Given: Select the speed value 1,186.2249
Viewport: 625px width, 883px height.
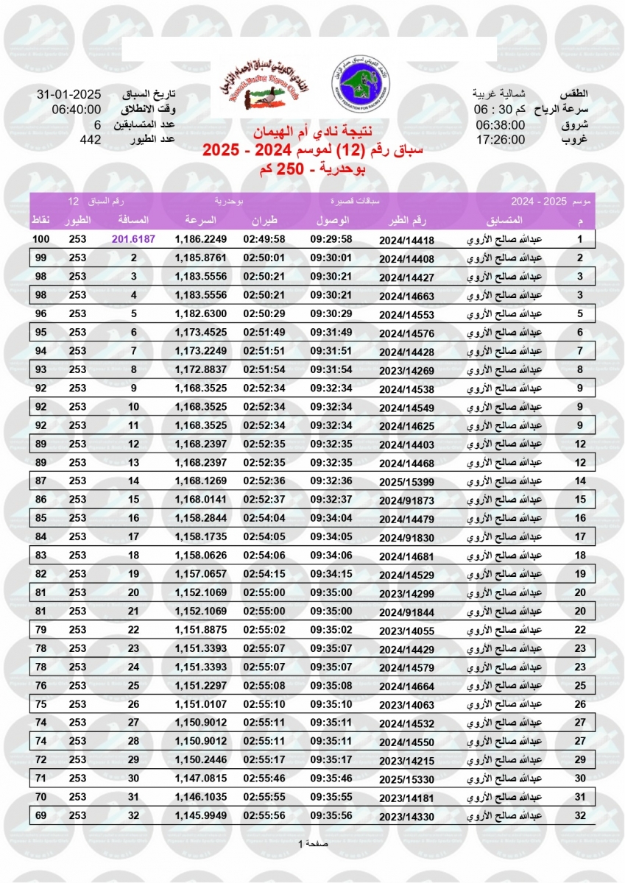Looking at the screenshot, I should coord(200,239).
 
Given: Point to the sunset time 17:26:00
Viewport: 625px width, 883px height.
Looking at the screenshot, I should coord(500,139).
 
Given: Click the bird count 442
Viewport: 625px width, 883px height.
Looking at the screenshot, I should coord(90,139).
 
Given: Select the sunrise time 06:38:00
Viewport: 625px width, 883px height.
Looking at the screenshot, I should coord(500,124).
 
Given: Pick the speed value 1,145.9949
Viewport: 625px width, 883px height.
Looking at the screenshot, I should coord(200,815).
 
